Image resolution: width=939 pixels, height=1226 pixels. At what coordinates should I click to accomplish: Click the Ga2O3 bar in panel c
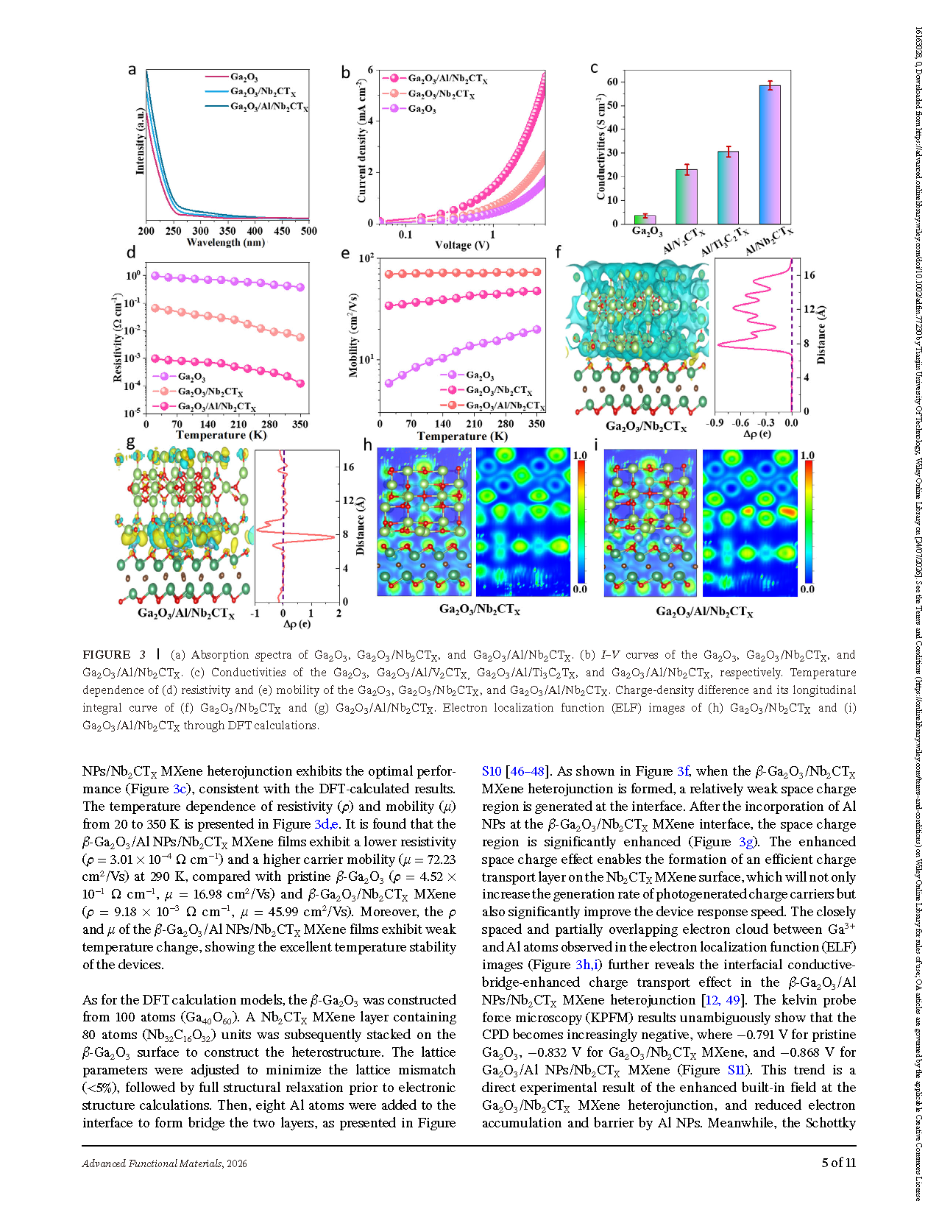(x=645, y=219)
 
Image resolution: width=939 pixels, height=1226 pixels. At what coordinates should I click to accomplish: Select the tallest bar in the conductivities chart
(x=770, y=155)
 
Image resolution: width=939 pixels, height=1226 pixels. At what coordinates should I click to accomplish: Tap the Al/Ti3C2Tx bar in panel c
(x=729, y=188)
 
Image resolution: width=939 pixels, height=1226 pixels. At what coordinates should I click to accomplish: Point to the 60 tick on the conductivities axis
(x=612, y=82)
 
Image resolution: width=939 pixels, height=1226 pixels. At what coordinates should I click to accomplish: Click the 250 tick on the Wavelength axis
(x=173, y=231)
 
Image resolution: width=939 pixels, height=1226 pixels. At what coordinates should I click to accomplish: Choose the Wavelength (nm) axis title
(x=225, y=243)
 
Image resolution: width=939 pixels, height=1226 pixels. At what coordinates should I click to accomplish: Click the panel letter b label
(x=345, y=72)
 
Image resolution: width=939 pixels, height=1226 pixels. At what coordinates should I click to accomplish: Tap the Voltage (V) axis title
(x=462, y=245)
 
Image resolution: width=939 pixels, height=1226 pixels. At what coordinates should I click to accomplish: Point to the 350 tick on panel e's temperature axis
(x=536, y=424)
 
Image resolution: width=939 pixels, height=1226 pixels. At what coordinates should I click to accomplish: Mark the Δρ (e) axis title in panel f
(x=757, y=434)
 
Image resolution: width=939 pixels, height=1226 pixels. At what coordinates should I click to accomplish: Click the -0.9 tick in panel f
(x=714, y=423)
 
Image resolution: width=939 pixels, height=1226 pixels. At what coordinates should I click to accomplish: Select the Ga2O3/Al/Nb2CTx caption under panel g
(x=186, y=613)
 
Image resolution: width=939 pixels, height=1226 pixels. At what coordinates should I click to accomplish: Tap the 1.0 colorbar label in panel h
(x=580, y=456)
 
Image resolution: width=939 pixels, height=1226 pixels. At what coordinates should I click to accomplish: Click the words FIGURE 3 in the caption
(x=107, y=654)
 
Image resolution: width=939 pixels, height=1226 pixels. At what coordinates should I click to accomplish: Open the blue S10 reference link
(x=492, y=771)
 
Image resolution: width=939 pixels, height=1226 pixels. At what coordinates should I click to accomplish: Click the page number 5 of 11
(x=839, y=1163)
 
